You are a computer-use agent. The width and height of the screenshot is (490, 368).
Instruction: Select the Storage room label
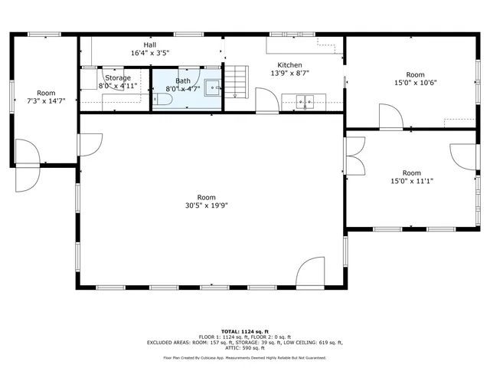click(x=118, y=77)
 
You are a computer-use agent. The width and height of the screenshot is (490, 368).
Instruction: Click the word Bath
click(x=183, y=80)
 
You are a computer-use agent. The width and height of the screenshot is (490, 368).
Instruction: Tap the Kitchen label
click(x=289, y=65)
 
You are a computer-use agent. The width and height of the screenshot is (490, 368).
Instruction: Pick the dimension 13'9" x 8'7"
click(x=289, y=74)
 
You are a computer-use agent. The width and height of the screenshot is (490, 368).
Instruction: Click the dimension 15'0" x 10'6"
click(x=415, y=83)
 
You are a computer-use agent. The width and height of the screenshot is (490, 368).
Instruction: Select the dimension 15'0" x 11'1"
click(x=412, y=182)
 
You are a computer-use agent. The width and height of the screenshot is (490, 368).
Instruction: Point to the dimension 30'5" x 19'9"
click(x=206, y=205)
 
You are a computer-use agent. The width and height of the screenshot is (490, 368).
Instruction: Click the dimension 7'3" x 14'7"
click(x=46, y=100)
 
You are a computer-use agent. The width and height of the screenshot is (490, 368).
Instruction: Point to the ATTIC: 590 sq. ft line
click(x=245, y=348)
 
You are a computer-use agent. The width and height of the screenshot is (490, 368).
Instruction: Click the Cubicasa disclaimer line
click(x=244, y=357)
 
